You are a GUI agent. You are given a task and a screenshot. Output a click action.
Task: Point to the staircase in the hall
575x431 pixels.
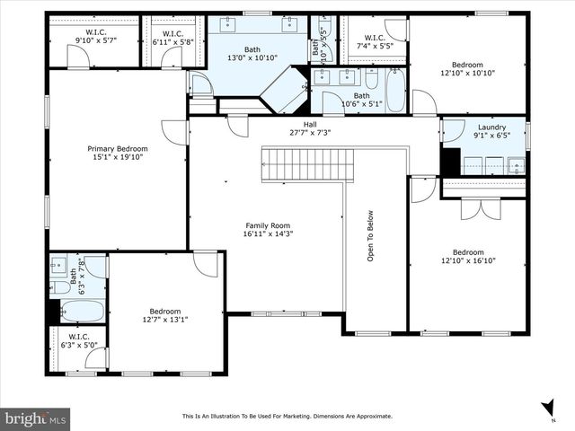click(308, 164)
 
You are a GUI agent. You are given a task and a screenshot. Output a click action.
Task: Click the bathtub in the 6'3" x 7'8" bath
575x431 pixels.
click(83, 311)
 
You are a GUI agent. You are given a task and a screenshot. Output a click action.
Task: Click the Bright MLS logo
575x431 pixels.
click(36, 418)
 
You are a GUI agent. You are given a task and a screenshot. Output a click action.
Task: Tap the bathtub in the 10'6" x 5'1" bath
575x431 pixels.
click(395, 90)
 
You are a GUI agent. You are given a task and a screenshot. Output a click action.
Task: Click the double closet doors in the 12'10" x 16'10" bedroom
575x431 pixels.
click(481, 208)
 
